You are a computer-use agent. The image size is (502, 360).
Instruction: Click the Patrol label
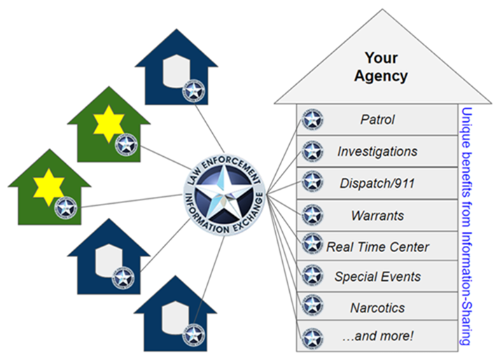click(377, 120)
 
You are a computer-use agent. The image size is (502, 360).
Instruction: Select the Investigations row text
click(377, 151)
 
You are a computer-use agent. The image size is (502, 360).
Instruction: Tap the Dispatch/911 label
click(377, 183)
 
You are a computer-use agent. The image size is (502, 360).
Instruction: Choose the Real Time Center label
click(377, 246)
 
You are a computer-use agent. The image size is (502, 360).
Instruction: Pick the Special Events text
click(377, 277)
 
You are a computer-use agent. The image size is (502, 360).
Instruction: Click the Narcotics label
click(377, 307)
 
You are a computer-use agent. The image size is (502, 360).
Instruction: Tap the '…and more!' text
click(377, 336)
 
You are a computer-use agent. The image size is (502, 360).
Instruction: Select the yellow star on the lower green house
click(49, 187)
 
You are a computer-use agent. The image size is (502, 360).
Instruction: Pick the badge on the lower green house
click(65, 207)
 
